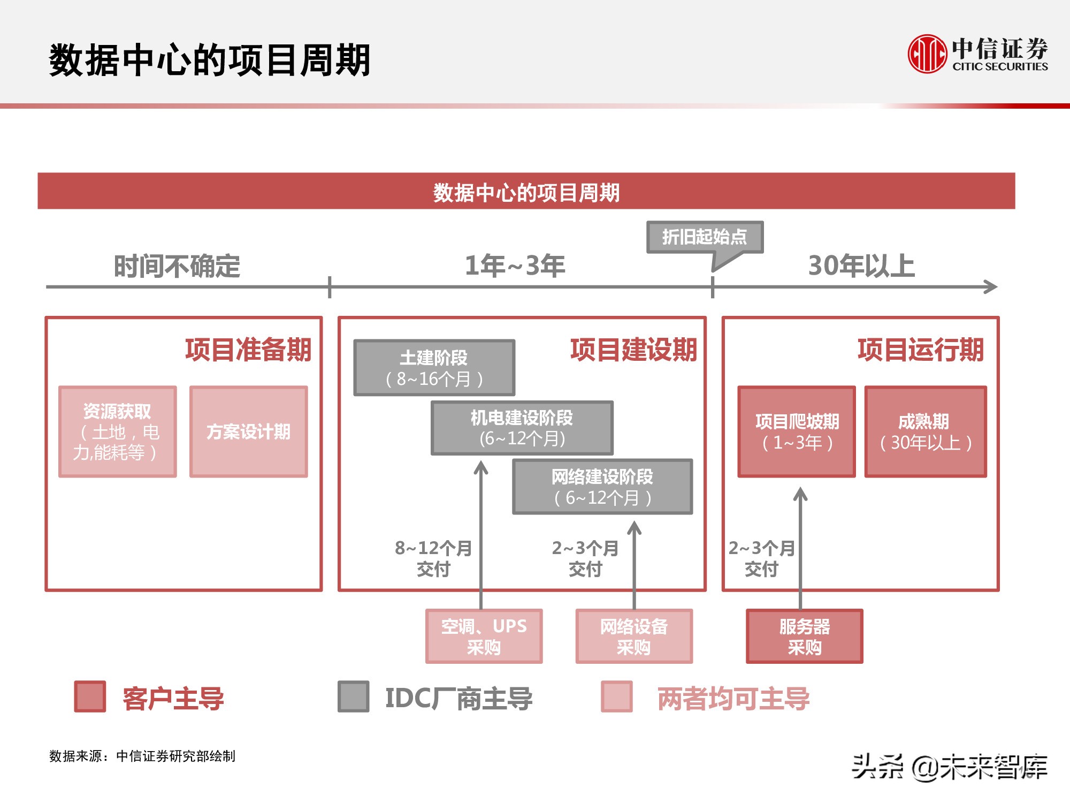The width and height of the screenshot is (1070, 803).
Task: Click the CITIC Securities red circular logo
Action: pos(927,54)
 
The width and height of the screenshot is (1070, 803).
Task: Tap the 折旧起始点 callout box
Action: pos(705,237)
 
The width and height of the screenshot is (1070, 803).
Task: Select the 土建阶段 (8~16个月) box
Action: pos(434,368)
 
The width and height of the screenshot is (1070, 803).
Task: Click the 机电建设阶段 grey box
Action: pos(522,428)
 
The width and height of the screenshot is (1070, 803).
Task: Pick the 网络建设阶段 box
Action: pos(602,487)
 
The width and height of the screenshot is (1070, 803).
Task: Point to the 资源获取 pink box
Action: pos(117,431)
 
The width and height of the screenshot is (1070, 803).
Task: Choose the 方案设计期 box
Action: pos(249,431)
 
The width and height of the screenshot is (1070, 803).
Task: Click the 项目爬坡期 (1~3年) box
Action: pos(797,431)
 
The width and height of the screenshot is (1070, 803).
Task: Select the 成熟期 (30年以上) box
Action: pos(926,431)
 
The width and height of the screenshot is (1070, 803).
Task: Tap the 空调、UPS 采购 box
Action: pos(484,636)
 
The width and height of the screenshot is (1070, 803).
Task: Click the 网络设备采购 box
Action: pos(634,636)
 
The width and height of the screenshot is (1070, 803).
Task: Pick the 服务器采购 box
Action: pos(804,636)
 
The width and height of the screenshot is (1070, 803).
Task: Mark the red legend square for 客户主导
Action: pos(90,696)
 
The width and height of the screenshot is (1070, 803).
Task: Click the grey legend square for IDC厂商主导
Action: pos(354,696)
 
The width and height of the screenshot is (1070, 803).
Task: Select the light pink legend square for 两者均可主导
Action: pos(617,696)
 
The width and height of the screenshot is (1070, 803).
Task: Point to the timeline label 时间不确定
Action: pos(177,266)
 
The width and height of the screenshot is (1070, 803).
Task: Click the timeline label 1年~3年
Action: pos(515,266)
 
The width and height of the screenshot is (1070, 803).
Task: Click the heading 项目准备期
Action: pos(248,350)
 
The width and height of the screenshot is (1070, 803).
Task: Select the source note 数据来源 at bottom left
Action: pos(142,756)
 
